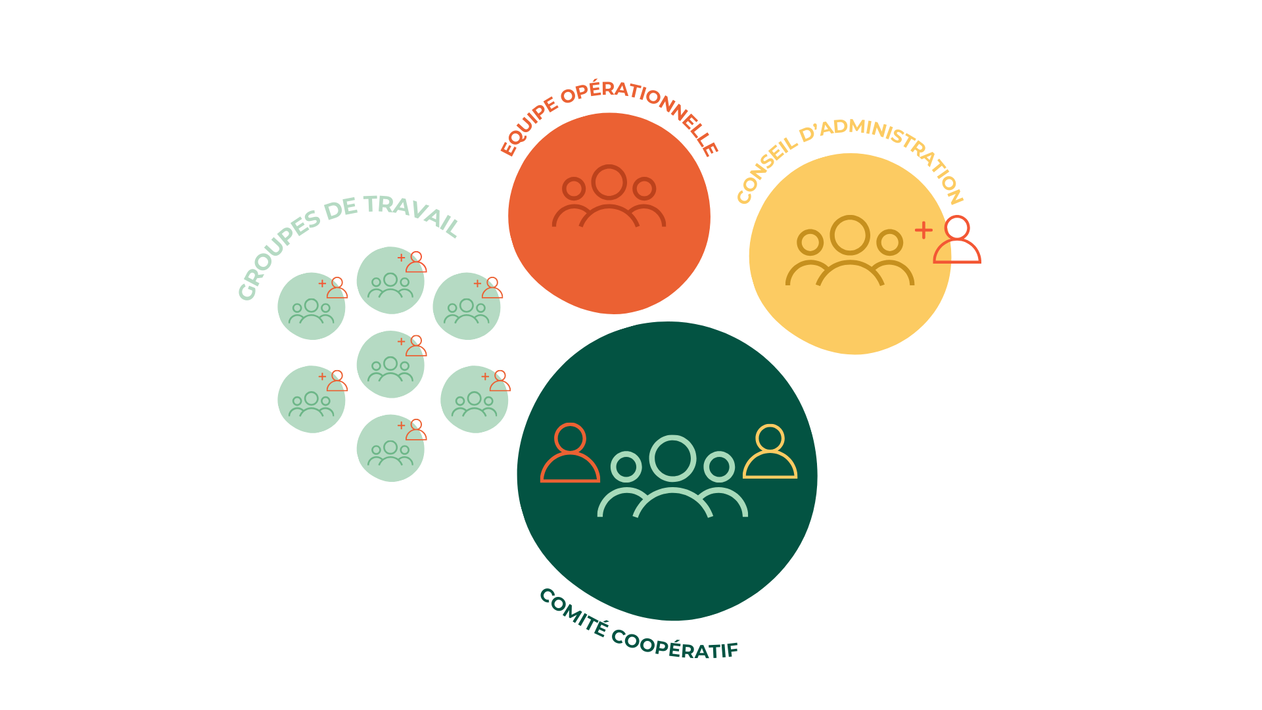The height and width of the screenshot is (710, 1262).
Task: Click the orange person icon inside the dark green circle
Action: [x=570, y=453]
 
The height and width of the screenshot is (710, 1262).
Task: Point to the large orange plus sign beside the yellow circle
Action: [x=923, y=230]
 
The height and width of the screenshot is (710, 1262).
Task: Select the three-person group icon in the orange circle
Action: [x=609, y=197]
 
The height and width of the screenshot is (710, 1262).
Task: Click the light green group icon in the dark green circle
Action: [x=672, y=477]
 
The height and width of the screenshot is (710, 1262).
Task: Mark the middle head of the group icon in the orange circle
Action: [x=609, y=182]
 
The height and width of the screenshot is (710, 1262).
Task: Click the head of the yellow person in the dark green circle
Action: [x=770, y=438]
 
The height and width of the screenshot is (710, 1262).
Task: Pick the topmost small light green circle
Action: [x=390, y=281]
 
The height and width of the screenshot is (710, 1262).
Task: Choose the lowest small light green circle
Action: [x=390, y=448]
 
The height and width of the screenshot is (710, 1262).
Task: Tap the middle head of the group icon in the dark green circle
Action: [x=672, y=458]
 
